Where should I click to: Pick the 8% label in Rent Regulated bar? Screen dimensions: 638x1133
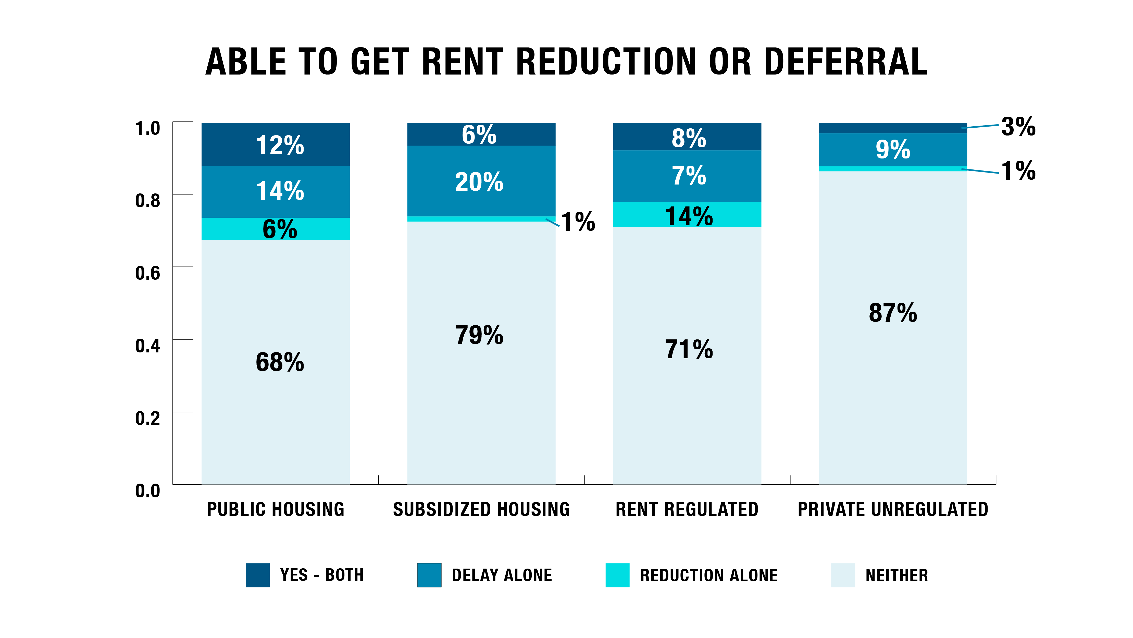point(689,138)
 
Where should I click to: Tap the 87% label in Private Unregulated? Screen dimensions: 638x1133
point(893,313)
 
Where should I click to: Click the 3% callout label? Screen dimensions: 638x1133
point(1018,127)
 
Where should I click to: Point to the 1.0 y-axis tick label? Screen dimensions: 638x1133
point(148,128)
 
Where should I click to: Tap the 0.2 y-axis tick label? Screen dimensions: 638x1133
point(148,419)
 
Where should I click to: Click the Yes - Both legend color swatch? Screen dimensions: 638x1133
point(258,575)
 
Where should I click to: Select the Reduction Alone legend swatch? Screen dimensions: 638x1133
point(617,575)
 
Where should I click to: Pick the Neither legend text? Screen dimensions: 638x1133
point(897,575)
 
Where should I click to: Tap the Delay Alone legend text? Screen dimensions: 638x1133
point(502,575)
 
